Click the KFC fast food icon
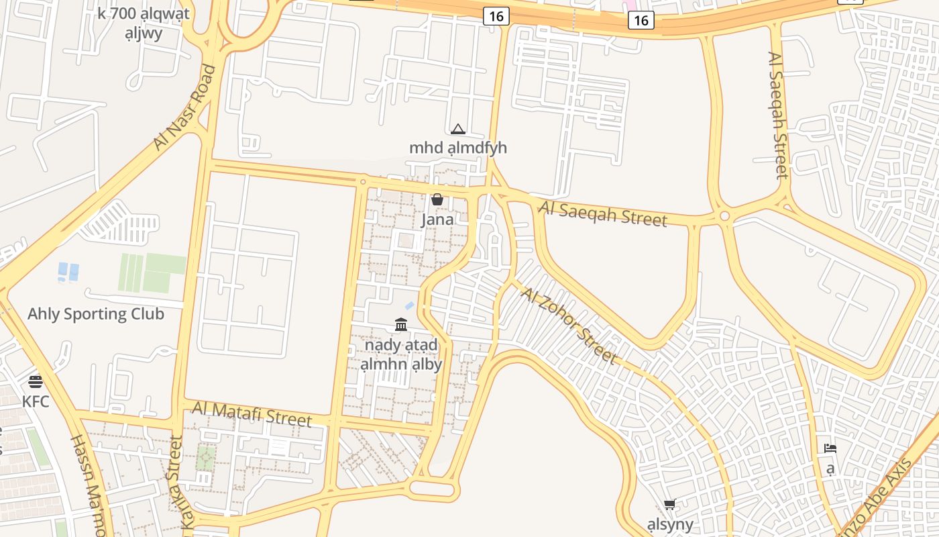tap(36, 382)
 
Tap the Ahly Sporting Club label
tap(96, 313)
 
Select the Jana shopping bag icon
tap(437, 199)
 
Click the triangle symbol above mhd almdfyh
tap(458, 129)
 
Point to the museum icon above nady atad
tap(401, 326)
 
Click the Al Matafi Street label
tap(252, 413)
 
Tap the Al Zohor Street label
tap(568, 326)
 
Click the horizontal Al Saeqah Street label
tap(603, 214)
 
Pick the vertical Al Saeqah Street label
tap(778, 115)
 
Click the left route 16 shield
tap(496, 16)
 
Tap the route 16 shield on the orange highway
tap(641, 20)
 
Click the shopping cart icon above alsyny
tap(669, 504)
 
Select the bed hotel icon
tap(830, 448)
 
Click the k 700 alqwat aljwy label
tap(144, 23)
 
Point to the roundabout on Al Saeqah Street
tap(724, 216)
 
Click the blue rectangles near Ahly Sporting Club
tap(68, 272)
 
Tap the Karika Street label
tap(174, 483)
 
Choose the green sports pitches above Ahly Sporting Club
tap(152, 273)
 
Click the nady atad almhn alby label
tap(401, 354)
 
